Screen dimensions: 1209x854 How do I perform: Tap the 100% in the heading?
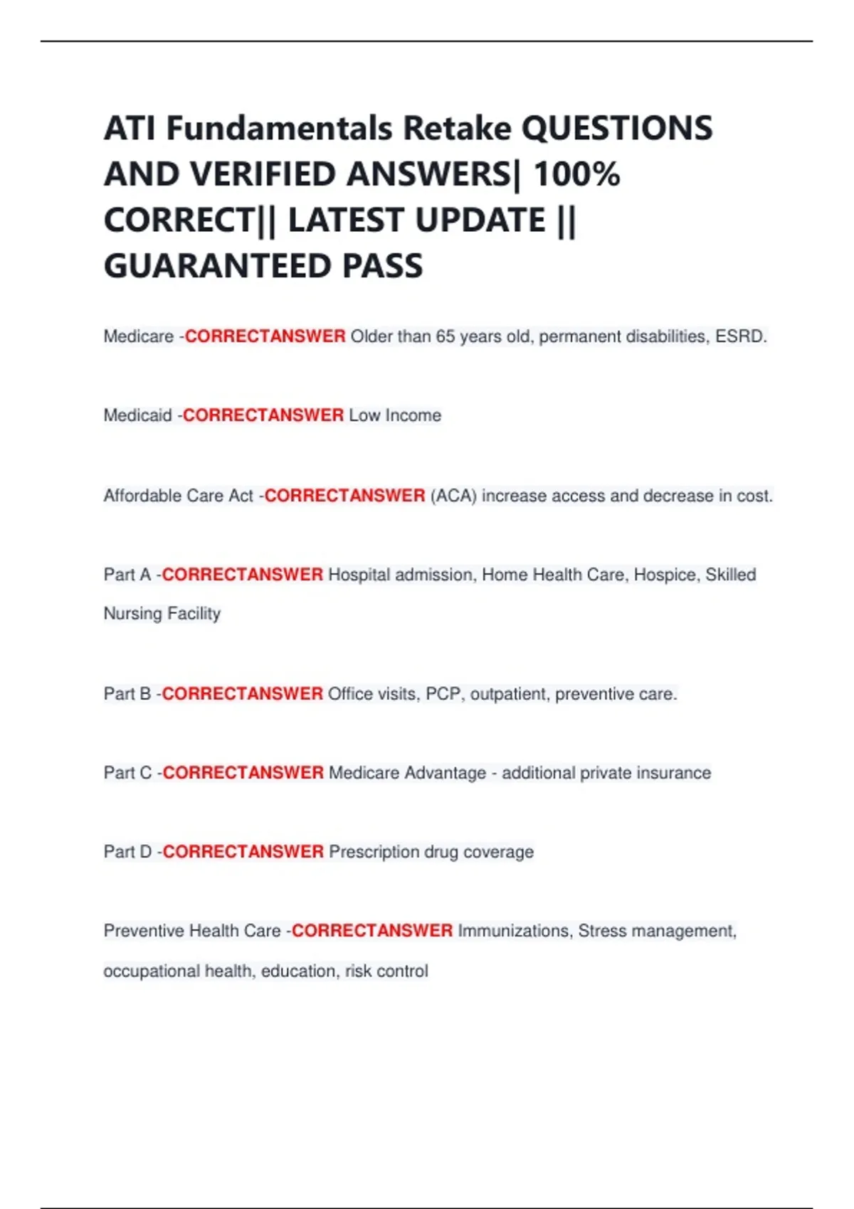576,174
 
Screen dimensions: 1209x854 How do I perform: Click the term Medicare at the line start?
138,336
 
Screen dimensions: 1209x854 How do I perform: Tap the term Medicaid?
137,415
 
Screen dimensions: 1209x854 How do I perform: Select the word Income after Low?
413,415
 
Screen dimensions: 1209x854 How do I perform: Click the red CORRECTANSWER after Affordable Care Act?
345,496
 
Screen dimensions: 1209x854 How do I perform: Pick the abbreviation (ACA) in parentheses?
453,496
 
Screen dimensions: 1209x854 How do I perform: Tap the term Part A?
127,575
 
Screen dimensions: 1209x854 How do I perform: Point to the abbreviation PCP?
443,694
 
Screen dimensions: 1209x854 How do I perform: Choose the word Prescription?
374,852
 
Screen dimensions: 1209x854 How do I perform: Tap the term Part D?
128,852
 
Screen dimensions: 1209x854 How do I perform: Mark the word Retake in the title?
457,129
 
